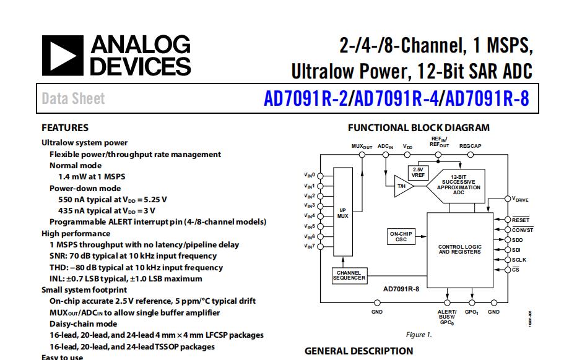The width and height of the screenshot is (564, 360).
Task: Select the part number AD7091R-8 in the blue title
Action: [487, 99]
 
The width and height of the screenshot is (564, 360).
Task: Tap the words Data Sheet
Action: [73, 99]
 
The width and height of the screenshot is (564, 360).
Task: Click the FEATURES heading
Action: [65, 128]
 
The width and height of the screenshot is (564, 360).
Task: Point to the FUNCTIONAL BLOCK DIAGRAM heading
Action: [419, 128]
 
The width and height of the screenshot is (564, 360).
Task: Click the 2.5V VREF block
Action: [418, 173]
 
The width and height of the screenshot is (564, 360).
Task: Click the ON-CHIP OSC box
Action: [401, 237]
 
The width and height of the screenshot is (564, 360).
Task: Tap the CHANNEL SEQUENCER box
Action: [349, 275]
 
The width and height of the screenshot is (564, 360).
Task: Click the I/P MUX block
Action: [342, 213]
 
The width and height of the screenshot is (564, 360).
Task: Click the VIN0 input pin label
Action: [310, 175]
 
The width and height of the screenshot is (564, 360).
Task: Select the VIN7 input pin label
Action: [310, 247]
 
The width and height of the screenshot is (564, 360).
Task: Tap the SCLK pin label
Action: [519, 260]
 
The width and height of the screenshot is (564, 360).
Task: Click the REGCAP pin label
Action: [470, 147]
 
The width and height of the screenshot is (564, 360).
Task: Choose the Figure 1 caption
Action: [419, 335]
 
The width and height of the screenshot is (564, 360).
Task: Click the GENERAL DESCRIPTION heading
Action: [358, 351]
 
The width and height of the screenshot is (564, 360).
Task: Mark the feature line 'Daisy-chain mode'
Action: [83, 324]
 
